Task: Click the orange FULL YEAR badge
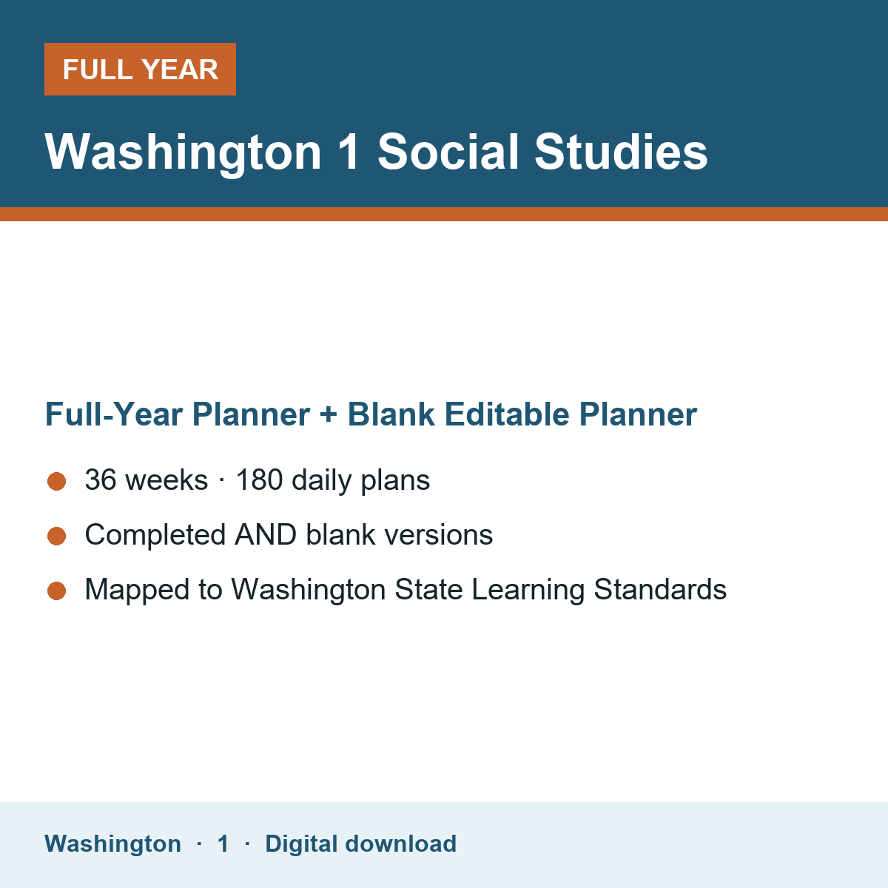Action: [140, 69]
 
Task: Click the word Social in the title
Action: [448, 152]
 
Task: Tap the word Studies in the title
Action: [621, 152]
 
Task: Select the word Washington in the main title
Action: [183, 154]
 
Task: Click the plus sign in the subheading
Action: [329, 414]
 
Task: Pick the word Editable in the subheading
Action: [507, 414]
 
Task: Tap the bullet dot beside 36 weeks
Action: [57, 481]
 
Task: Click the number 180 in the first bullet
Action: [260, 480]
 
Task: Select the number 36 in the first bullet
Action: [101, 480]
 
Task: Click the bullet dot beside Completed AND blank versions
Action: [57, 536]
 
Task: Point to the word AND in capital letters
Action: [266, 534]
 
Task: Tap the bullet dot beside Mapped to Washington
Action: [57, 591]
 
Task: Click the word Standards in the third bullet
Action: [660, 589]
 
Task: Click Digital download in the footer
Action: [361, 844]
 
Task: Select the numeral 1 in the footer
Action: [223, 844]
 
